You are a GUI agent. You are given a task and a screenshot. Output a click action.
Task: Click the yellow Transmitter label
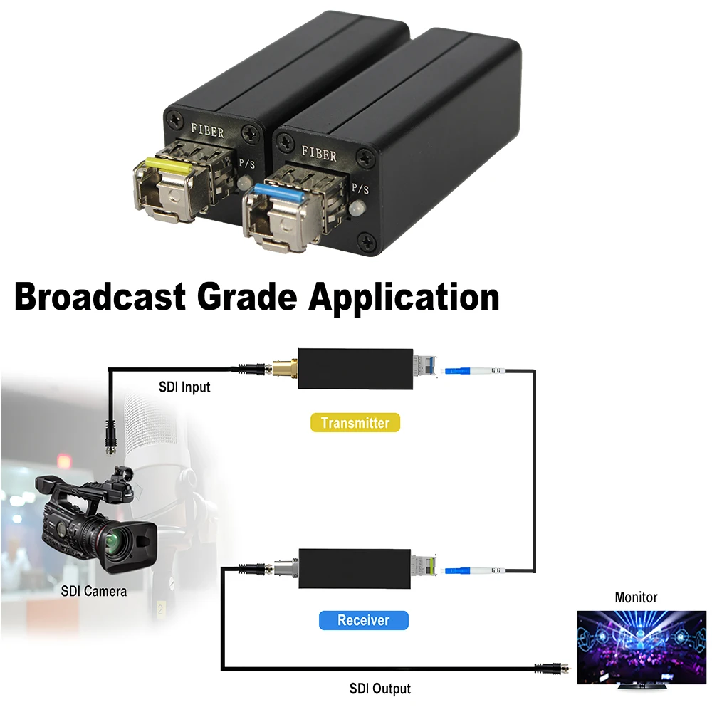tap(355, 423)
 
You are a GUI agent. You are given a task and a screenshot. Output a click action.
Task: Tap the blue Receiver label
tap(364, 620)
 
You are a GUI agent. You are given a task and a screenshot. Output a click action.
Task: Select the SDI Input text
tap(184, 387)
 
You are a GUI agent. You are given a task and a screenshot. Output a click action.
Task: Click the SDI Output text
tap(379, 689)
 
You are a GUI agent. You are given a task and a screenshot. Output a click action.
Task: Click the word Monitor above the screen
tap(636, 597)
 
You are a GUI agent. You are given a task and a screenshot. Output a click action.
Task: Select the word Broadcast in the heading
tap(100, 297)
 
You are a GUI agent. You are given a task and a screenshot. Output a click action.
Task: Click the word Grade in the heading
tap(246, 297)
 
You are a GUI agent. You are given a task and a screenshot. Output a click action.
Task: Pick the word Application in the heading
tap(403, 297)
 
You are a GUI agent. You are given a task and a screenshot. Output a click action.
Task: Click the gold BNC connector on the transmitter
tap(281, 368)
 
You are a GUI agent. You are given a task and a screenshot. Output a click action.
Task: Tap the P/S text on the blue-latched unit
tap(361, 189)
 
